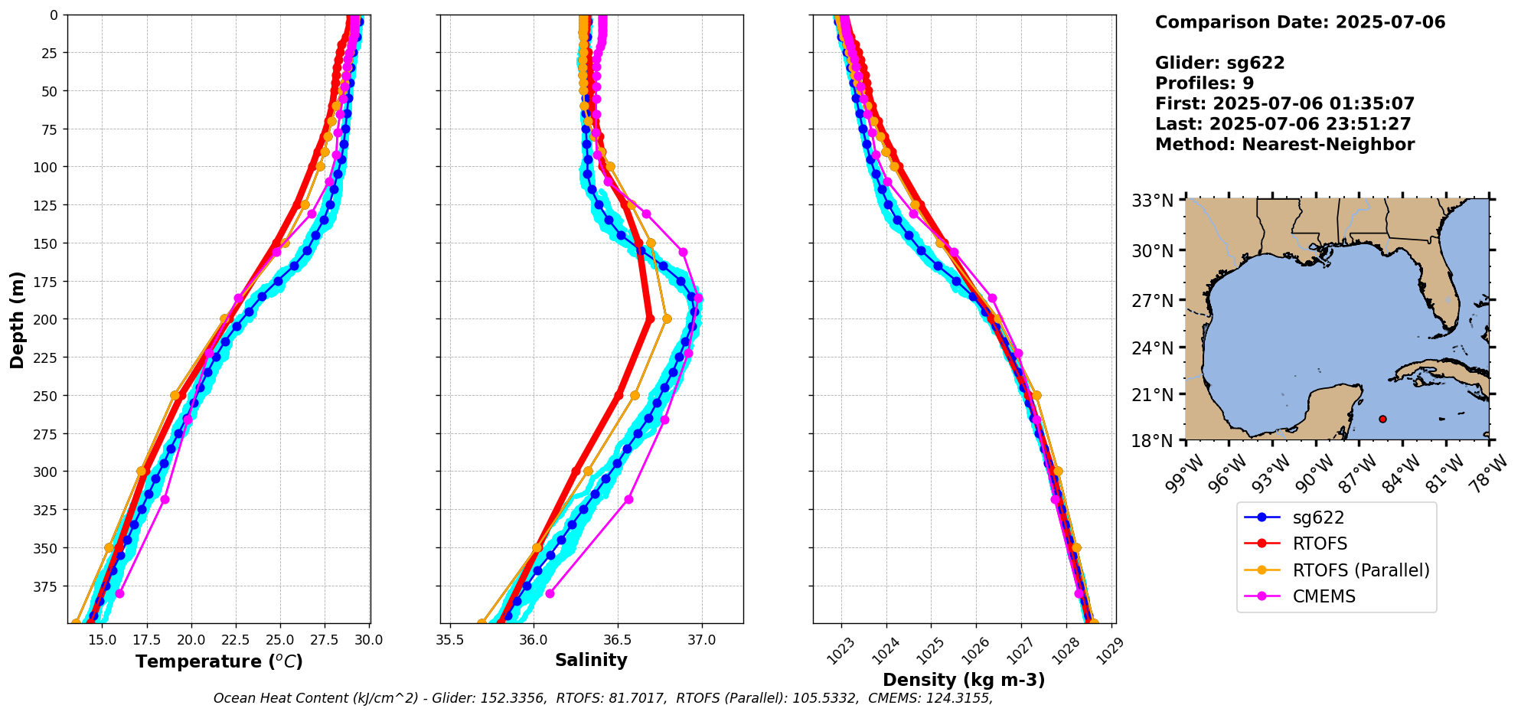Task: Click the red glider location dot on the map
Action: point(1382,419)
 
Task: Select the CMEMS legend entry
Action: point(1324,596)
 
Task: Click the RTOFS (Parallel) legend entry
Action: point(1360,570)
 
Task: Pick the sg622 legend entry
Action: point(1318,517)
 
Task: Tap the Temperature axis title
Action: point(219,661)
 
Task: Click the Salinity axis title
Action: point(591,660)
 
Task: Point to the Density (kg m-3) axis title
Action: point(964,680)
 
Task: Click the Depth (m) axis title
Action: point(18,319)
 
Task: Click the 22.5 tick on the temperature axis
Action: point(227,639)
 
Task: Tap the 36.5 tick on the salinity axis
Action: point(618,639)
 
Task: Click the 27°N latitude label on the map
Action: point(1153,300)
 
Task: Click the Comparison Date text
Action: point(1300,22)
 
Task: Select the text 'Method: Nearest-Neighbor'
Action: point(1284,144)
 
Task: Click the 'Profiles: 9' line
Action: point(1204,83)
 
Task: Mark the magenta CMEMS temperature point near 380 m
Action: point(119,593)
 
